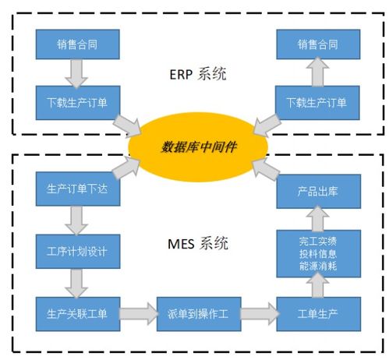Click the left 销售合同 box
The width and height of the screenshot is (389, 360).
78,44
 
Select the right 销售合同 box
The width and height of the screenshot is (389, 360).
318,44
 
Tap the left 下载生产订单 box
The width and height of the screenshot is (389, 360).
78,103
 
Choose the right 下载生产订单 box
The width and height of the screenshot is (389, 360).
318,103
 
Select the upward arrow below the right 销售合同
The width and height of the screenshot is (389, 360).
318,73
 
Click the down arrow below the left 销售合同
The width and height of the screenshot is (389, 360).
78,73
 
